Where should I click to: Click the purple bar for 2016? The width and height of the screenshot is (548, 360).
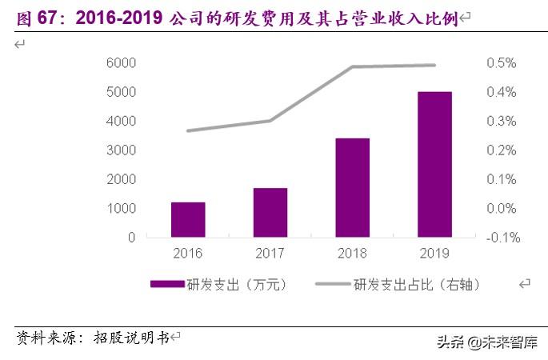click(188, 220)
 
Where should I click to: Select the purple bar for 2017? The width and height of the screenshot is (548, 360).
click(270, 213)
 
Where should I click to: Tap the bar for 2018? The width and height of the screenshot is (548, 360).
click(353, 188)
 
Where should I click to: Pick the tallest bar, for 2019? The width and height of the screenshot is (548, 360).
click(434, 165)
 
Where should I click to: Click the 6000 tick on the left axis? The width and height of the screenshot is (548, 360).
click(120, 63)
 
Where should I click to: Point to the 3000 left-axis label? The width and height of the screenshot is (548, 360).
click(120, 150)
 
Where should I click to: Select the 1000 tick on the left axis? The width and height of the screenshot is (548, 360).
click(120, 209)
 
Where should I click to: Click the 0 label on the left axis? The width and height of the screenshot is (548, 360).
click(131, 238)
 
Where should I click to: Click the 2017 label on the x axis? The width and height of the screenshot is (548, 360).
click(270, 254)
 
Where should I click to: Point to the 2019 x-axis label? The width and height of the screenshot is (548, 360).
click(434, 254)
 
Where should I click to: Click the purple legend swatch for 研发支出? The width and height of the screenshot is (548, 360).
click(167, 284)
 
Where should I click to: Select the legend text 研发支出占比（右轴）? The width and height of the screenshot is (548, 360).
click(417, 284)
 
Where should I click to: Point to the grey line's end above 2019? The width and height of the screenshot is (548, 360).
click(434, 65)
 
